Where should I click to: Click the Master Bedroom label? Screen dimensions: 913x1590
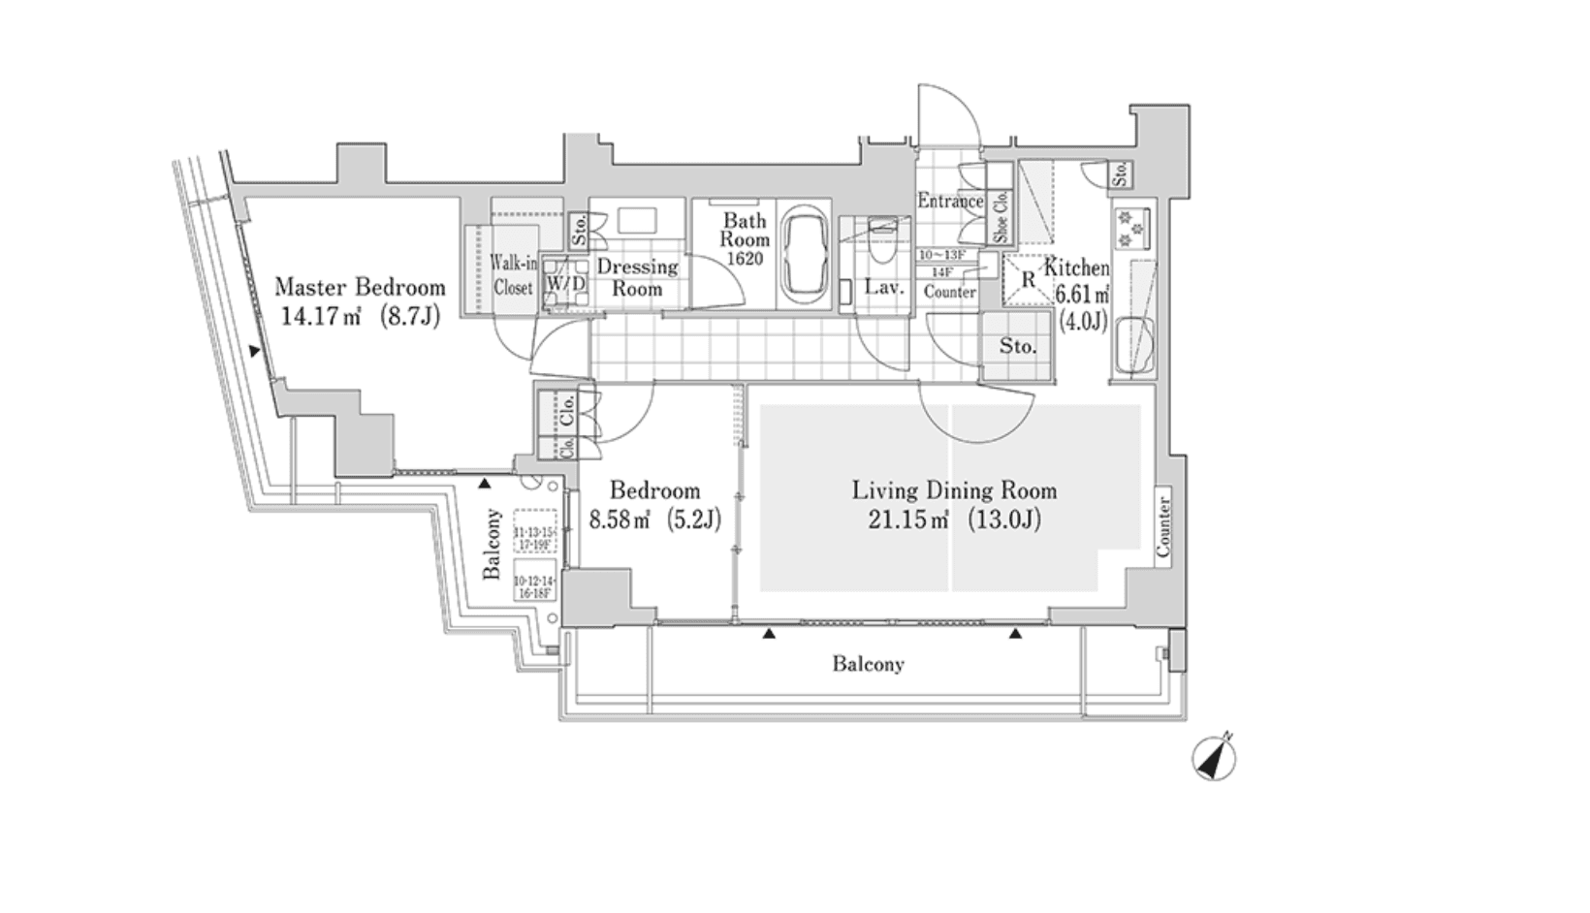tap(360, 287)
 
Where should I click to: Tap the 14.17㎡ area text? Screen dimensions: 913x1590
tap(319, 316)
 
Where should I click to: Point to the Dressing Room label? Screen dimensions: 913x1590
tap(637, 277)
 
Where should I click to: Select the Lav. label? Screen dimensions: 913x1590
tap(883, 287)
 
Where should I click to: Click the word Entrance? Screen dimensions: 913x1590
tap(950, 201)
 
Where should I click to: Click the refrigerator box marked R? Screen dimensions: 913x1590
tap(1028, 279)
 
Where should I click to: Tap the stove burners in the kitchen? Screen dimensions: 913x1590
tap(1129, 229)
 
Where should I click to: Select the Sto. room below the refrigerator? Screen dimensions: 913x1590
tap(1017, 346)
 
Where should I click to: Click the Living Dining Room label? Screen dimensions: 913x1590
tap(954, 490)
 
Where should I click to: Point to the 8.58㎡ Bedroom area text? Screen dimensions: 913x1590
tap(619, 520)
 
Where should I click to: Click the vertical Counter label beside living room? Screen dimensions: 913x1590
tap(1163, 526)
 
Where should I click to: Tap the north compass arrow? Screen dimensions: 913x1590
tap(1214, 758)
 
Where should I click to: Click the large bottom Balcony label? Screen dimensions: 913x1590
tap(868, 665)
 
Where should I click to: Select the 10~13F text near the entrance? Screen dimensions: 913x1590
tap(940, 255)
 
